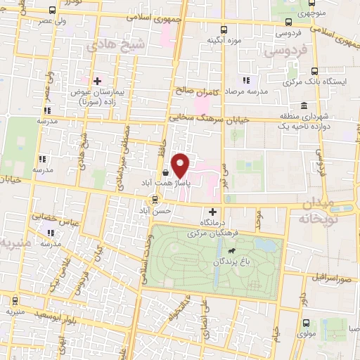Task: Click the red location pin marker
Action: (x=181, y=165)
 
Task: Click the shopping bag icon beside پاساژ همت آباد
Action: (x=165, y=172)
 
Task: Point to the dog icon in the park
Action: (x=231, y=249)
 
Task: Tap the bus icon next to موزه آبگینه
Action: (x=224, y=30)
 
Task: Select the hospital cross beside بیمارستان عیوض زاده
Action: (x=98, y=82)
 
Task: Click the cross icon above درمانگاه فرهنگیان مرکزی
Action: (x=212, y=212)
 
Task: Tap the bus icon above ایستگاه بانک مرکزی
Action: (x=314, y=70)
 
